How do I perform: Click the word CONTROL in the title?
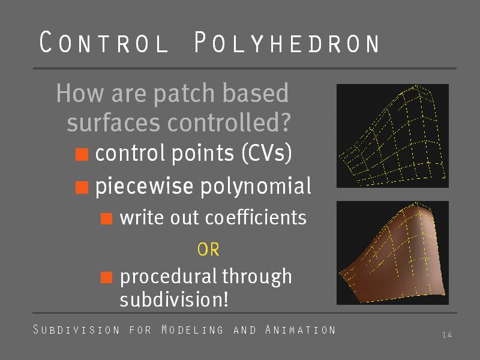(104, 42)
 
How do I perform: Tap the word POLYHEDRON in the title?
(287, 42)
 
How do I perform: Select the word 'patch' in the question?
(184, 93)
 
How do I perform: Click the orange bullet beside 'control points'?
(82, 154)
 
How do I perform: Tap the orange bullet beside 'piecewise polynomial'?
(82, 187)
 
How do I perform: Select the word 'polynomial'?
(256, 186)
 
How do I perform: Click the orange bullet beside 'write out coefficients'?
(107, 218)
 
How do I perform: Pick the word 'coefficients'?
(256, 217)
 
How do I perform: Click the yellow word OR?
(208, 250)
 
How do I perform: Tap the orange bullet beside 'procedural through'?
(107, 277)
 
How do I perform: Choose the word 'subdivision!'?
(174, 299)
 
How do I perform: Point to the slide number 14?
(447, 335)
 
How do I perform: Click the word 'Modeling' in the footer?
(193, 329)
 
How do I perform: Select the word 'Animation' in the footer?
(301, 329)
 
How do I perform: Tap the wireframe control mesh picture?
(393, 136)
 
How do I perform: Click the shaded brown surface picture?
(393, 253)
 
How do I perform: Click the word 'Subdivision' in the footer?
(76, 329)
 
